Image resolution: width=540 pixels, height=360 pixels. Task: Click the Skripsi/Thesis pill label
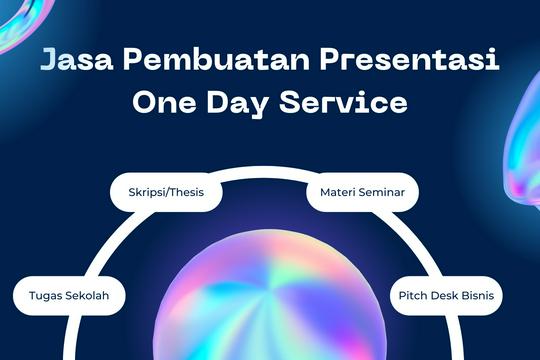pyautogui.click(x=166, y=191)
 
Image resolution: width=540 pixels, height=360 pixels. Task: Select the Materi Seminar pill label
pyautogui.click(x=362, y=191)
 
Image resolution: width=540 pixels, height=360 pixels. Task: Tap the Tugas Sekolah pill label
pyautogui.click(x=69, y=296)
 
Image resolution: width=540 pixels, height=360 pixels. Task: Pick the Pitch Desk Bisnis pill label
pyautogui.click(x=446, y=296)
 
